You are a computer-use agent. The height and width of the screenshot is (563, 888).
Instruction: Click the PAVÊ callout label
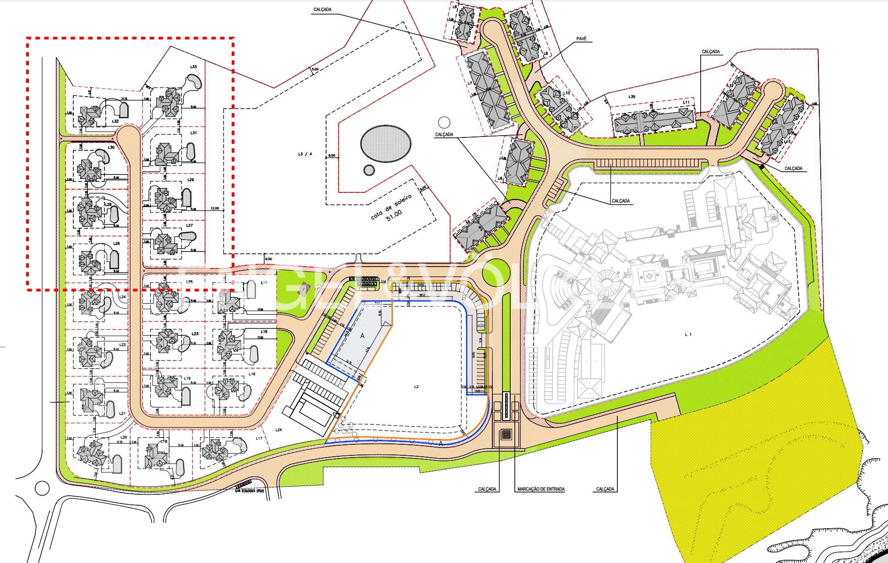coord(582,39)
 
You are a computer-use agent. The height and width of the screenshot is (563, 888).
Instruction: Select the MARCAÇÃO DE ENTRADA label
coord(540,489)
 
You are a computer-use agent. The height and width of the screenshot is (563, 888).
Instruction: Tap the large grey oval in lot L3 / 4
coord(385,144)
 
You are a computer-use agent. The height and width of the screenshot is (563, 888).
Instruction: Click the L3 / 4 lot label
coord(305,154)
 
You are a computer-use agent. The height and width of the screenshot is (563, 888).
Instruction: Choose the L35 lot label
coord(632,97)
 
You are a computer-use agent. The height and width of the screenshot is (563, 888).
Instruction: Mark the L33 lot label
coord(193,67)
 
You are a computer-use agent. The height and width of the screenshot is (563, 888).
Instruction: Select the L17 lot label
coord(259,438)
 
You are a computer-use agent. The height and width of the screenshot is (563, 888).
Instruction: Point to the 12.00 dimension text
coord(214,208)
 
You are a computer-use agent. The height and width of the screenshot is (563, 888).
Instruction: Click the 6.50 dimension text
coord(268,260)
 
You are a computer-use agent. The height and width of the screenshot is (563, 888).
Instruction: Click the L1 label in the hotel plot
coord(688,334)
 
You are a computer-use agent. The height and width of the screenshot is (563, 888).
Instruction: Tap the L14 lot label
coord(264,283)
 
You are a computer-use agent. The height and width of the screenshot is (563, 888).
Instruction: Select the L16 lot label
coord(252,374)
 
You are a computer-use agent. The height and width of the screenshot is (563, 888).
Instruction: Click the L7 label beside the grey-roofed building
coord(470,83)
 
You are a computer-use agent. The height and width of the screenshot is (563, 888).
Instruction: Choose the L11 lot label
coord(686,102)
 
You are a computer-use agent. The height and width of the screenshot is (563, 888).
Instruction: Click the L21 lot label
coord(122,414)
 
